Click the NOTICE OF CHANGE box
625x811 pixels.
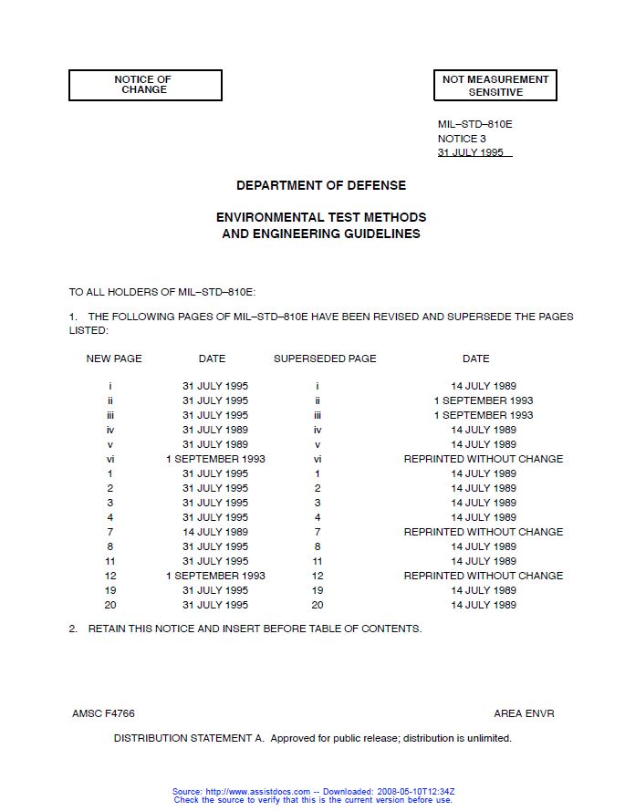145,85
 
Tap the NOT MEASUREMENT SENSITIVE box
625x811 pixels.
495,86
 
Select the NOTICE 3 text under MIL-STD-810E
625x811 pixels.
462,139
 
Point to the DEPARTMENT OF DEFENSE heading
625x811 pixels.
321,185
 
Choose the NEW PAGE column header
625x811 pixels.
114,359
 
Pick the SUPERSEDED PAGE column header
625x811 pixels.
325,359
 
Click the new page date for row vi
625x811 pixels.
215,459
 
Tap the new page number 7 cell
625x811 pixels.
110,532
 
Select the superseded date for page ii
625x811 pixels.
484,400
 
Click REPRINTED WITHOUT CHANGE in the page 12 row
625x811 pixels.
484,576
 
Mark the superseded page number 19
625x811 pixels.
318,590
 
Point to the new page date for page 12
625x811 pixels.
215,576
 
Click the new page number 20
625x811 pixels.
110,605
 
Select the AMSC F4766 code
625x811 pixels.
103,713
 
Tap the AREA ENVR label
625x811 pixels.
524,713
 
